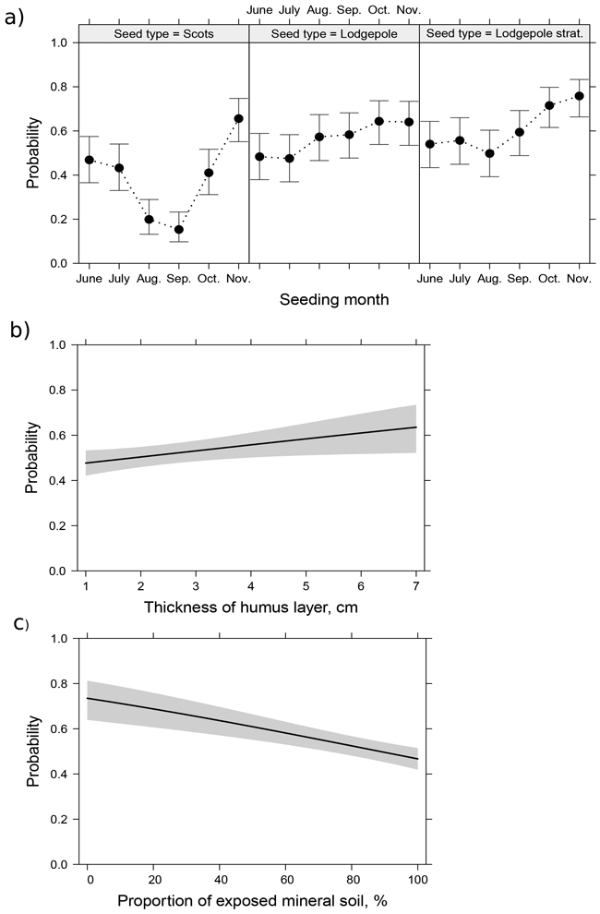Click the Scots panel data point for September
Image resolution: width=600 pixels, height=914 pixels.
coord(179,229)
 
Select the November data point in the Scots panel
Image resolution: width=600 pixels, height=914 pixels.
coord(238,118)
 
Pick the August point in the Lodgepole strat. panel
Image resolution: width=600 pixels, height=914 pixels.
coord(489,153)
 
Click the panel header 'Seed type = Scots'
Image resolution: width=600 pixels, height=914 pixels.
coord(163,34)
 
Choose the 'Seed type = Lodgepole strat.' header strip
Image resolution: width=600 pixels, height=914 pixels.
coord(504,34)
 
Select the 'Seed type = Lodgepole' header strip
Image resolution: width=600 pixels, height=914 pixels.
coord(334,34)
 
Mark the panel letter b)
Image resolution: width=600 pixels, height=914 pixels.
coord(15,328)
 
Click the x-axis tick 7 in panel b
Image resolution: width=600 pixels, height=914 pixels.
coord(416,587)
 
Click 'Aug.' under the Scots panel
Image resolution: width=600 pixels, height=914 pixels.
coord(149,278)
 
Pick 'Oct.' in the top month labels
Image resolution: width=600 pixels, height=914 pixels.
coord(378,10)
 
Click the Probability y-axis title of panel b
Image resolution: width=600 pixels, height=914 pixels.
coord(32,457)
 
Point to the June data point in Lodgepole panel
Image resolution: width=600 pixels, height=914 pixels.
coord(260,156)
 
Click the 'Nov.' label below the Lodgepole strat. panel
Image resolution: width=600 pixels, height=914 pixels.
coord(578,278)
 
